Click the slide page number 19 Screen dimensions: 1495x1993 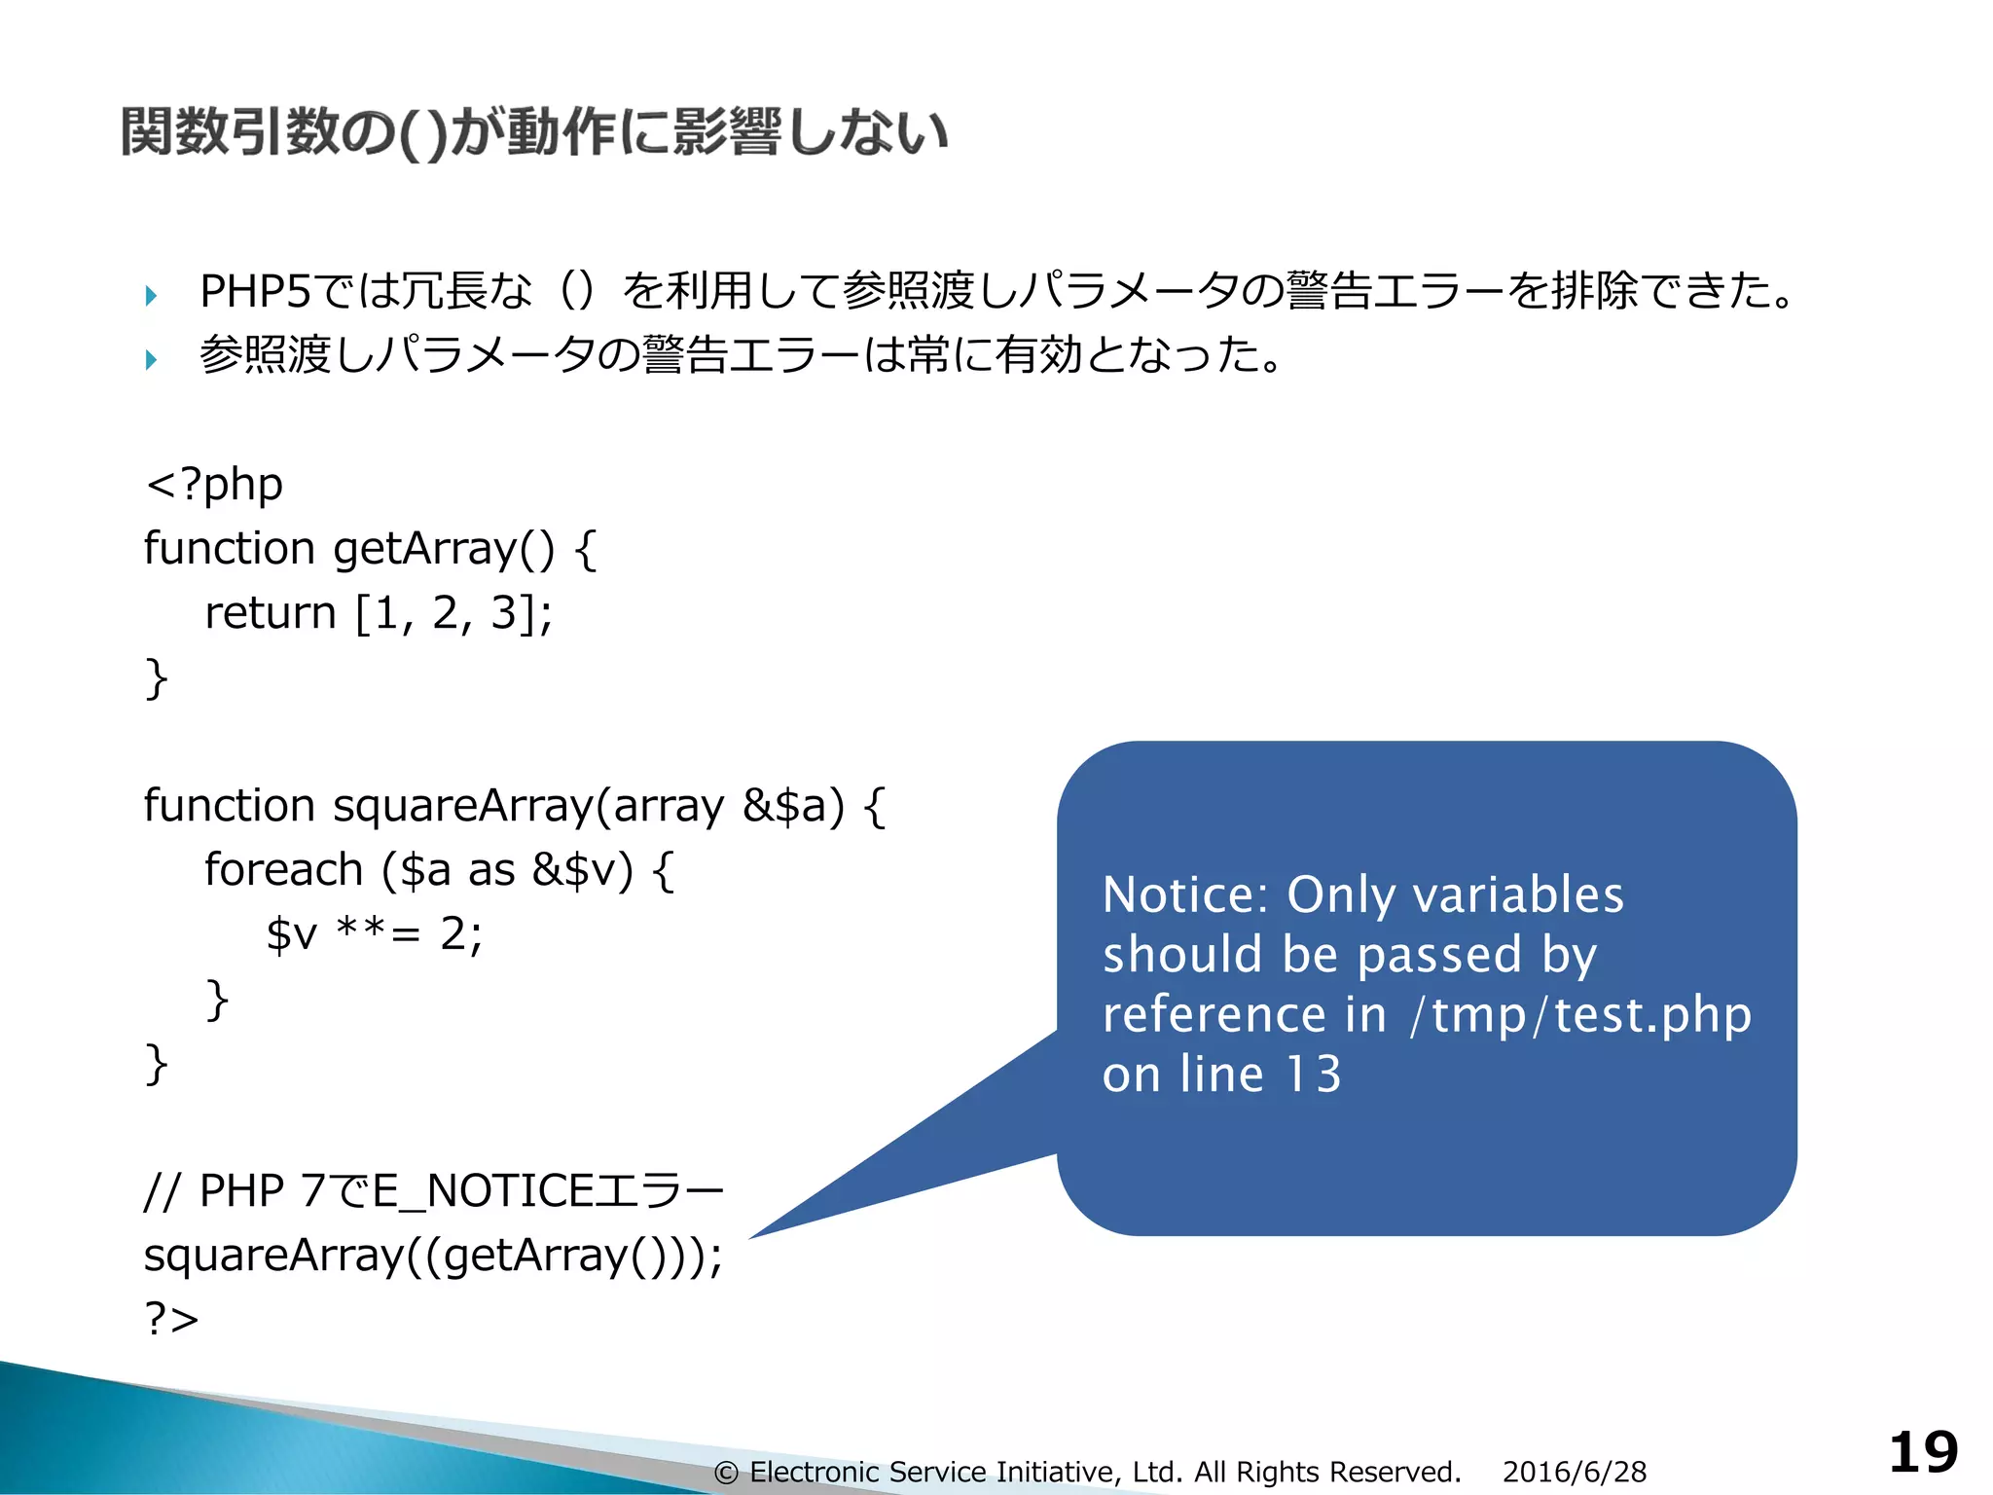tap(1923, 1453)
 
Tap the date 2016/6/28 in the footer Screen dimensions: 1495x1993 tap(1574, 1472)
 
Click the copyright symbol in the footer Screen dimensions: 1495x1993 tap(726, 1473)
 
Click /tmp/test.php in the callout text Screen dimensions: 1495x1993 tap(1581, 1015)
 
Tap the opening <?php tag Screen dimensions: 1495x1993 tap(214, 484)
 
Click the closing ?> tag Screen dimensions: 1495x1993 tap(171, 1319)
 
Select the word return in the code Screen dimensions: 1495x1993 tap(270, 613)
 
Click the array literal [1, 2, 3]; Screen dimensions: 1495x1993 tap(453, 613)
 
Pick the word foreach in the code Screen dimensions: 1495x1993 tap(283, 870)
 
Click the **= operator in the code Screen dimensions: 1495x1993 tap(378, 934)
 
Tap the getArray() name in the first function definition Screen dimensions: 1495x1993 tap(444, 549)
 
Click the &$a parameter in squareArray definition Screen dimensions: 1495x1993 tap(792, 806)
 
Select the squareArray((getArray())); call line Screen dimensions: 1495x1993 tap(433, 1256)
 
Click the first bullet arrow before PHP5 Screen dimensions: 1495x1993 tap(151, 295)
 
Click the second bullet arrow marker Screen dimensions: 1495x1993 tap(151, 359)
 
